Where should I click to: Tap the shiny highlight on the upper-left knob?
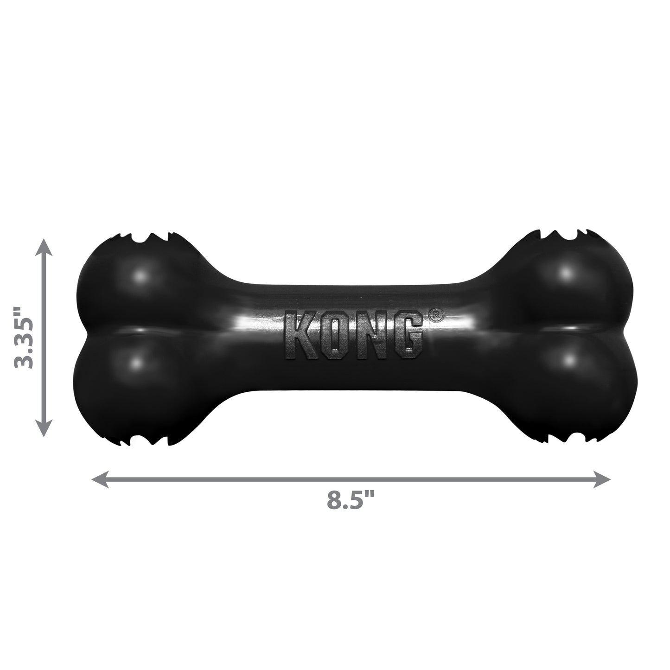[140, 277]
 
